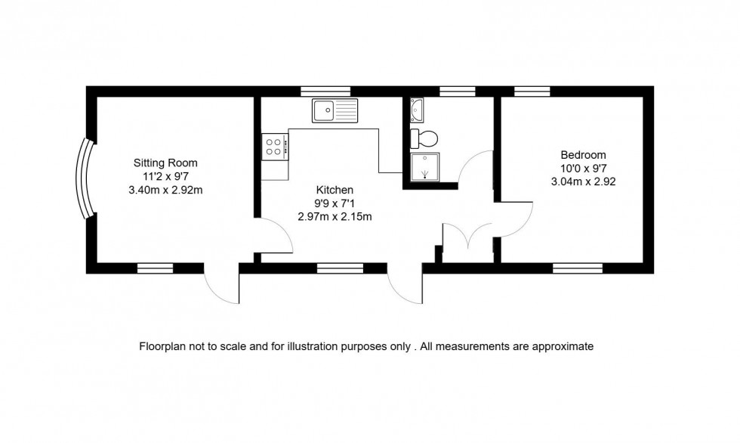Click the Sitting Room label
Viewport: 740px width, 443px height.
(x=165, y=163)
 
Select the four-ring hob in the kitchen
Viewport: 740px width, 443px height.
(x=274, y=146)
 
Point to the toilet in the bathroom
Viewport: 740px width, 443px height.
(x=423, y=138)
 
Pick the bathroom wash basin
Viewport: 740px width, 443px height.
(x=418, y=112)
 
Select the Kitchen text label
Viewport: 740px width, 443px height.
(x=335, y=190)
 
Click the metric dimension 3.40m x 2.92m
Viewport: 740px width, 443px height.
(x=165, y=190)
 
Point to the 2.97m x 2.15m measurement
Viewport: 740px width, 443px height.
(x=335, y=217)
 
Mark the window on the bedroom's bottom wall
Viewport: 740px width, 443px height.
(x=578, y=268)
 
